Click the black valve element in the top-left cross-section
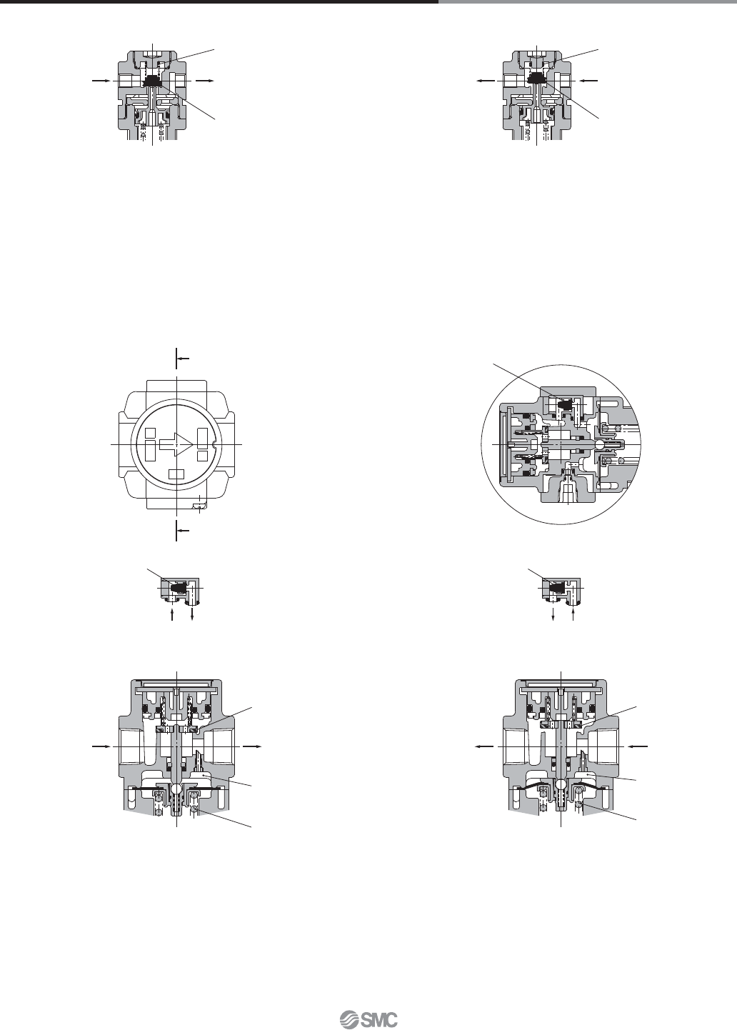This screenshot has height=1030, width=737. coord(151,82)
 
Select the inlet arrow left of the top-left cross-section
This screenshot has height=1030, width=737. coord(101,81)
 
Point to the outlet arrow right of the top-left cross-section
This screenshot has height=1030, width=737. coord(204,81)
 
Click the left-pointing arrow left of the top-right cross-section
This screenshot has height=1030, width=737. coord(486,81)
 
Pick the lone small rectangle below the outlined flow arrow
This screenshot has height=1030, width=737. coord(176,474)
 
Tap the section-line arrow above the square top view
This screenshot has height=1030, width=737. coord(183,358)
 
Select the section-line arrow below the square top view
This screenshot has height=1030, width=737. coord(183,531)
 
